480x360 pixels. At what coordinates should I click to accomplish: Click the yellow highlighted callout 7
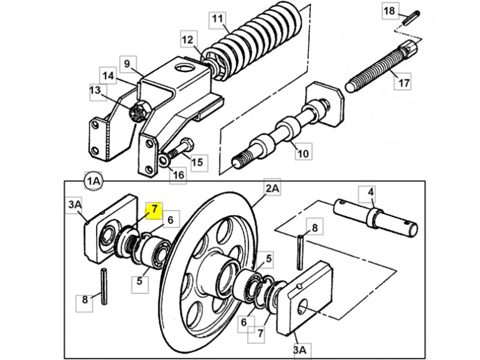click(154, 211)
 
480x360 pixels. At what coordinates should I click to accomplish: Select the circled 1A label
click(93, 181)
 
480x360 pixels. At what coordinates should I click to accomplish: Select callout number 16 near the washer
click(178, 175)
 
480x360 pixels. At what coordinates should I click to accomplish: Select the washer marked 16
click(163, 160)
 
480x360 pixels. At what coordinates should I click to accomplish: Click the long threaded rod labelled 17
click(382, 66)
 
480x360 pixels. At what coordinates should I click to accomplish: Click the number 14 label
click(108, 76)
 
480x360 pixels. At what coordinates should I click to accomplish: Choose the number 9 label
click(128, 64)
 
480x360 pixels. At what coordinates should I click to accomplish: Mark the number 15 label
click(197, 163)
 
